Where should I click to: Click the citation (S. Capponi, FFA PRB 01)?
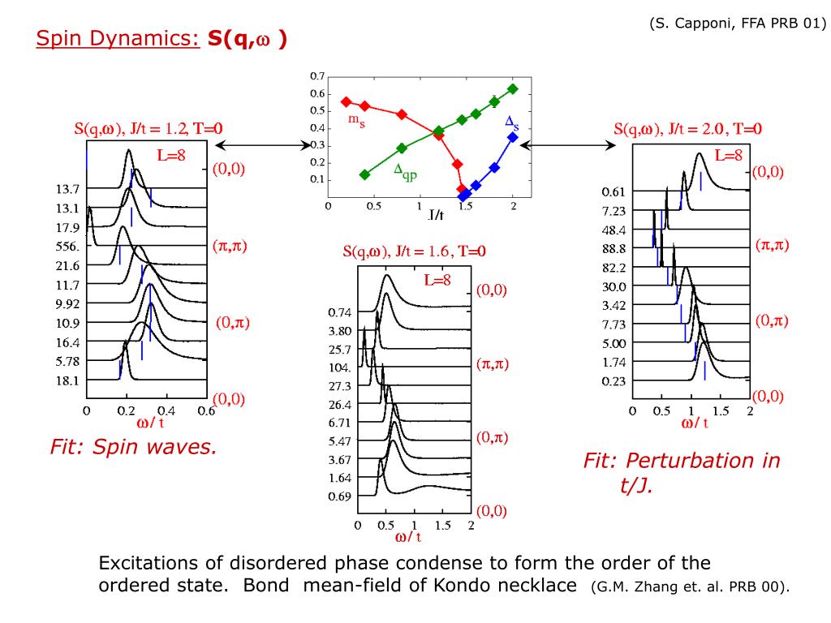737,24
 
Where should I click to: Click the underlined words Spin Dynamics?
118,38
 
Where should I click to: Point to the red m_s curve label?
357,119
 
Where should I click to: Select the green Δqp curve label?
405,170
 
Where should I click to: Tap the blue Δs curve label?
512,122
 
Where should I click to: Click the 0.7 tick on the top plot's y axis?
317,76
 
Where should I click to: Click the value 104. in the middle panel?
340,367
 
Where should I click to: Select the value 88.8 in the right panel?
614,248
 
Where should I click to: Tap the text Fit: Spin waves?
133,446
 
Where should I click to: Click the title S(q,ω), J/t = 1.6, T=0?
414,251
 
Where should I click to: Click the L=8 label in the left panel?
170,155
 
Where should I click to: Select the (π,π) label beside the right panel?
773,244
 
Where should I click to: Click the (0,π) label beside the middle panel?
492,437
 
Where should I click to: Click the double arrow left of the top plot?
260,145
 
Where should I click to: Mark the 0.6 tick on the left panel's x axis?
205,410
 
